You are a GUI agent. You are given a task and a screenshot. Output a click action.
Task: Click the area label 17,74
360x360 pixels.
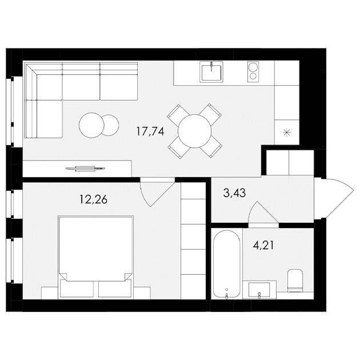pos(150,131)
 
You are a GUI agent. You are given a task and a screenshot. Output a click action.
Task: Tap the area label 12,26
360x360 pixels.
pos(94,199)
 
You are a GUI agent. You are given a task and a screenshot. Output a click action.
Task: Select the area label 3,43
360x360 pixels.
pos(234,193)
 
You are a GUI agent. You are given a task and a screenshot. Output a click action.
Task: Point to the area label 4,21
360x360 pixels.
pos(263,246)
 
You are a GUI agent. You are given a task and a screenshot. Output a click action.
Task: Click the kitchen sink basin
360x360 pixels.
pos(211,72)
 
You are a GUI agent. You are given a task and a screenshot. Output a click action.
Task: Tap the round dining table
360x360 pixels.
pos(194,131)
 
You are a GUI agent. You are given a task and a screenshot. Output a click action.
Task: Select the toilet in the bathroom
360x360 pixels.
pos(295,281)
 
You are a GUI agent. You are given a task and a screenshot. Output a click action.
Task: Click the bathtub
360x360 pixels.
pos(227,264)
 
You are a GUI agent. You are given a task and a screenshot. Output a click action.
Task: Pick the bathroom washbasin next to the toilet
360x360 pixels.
pos(259,290)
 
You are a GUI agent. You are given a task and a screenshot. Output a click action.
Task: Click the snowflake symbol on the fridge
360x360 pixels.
pos(287,133)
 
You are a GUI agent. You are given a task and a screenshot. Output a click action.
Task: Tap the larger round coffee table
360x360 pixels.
pos(91,125)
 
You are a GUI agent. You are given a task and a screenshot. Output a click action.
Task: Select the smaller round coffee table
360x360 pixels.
pos(110,125)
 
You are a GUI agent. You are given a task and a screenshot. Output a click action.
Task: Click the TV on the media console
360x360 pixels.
pos(85,169)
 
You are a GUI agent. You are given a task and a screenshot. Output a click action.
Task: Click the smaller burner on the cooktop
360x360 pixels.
pos(253,76)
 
